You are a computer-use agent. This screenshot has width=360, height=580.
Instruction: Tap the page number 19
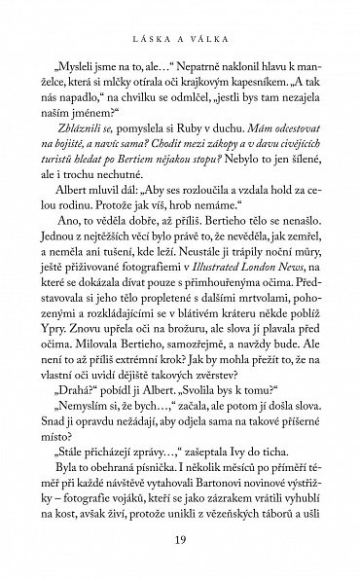click(180, 541)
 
